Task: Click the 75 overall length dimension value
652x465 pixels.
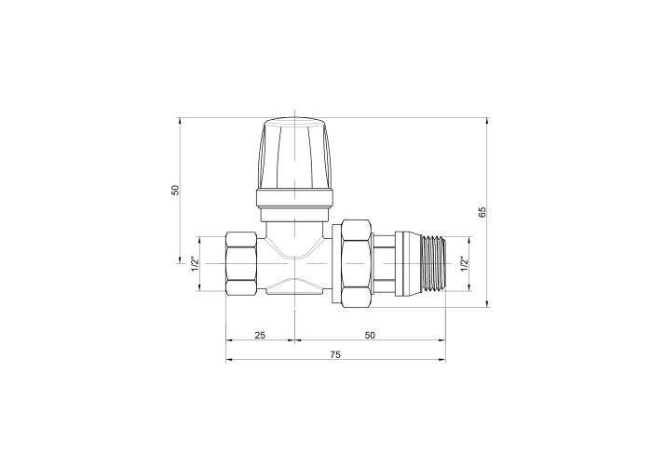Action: click(x=335, y=354)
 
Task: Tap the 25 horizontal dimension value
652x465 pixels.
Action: click(x=260, y=335)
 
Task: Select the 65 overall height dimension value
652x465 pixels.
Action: click(x=482, y=212)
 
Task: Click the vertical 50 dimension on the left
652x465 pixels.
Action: click(x=175, y=190)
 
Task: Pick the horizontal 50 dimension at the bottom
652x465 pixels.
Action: click(x=370, y=335)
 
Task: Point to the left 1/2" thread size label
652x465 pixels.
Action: click(x=194, y=264)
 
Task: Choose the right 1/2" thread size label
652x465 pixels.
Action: click(x=464, y=264)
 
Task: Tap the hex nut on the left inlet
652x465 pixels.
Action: click(x=241, y=263)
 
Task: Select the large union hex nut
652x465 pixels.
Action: click(x=357, y=263)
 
